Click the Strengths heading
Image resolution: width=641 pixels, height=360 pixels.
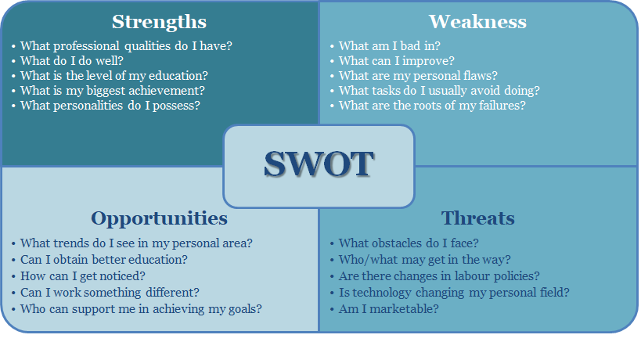[159, 22]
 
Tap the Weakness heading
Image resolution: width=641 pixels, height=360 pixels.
[477, 22]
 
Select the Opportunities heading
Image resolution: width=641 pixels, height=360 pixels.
[159, 218]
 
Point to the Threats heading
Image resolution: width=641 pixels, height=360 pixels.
[477, 218]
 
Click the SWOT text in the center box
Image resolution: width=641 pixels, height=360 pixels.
[319, 164]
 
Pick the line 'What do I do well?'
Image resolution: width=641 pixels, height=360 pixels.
[72, 61]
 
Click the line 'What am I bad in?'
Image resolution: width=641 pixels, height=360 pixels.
[390, 45]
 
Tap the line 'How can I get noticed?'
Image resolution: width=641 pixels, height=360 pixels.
[83, 276]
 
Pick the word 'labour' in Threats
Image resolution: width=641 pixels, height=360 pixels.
[473, 276]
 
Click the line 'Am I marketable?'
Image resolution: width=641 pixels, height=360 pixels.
[389, 309]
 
